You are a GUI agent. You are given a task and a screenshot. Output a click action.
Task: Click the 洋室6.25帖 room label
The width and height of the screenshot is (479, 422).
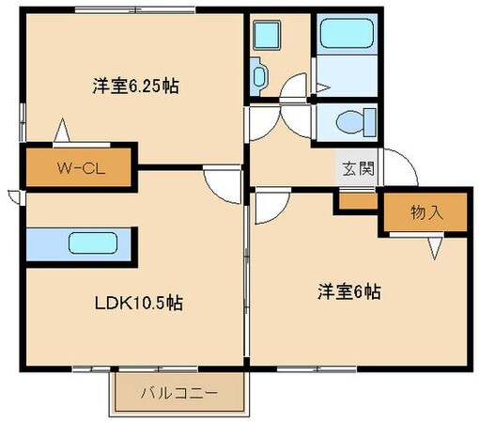coord(136,86)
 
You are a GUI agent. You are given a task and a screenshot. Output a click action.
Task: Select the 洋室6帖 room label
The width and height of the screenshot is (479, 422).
coord(347,292)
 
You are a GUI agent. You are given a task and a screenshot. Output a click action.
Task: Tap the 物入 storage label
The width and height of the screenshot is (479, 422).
coord(425,212)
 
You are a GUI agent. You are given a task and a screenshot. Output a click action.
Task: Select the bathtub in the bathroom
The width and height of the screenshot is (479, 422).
coord(348,39)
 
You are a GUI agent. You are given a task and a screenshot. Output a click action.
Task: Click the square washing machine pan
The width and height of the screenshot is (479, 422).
coord(266,36)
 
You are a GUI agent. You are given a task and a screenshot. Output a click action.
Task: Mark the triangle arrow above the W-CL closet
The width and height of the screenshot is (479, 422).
coord(61,130)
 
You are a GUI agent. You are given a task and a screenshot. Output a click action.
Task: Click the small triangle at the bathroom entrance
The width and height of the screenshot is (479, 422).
coord(322,86)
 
